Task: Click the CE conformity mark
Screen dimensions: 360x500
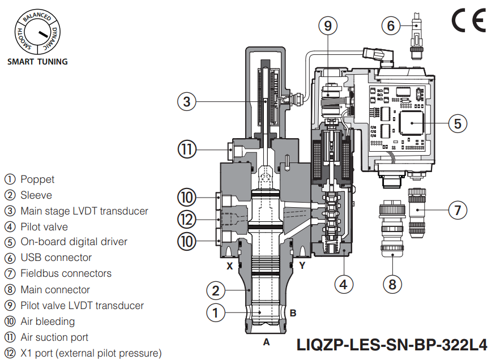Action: [x=468, y=22]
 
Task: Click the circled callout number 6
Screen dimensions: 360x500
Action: [x=391, y=25]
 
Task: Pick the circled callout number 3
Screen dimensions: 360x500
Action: [x=187, y=102]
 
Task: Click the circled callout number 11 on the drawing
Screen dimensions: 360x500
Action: [x=187, y=150]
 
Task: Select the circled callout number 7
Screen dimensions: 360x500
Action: [x=458, y=209]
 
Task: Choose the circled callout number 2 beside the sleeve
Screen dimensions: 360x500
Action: [x=215, y=291]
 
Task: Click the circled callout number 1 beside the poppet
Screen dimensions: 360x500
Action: [x=215, y=312]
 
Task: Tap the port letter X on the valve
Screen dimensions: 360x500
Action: [x=230, y=265]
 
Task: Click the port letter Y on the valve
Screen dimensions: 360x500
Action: [x=302, y=265]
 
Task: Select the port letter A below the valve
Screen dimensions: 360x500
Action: [x=266, y=342]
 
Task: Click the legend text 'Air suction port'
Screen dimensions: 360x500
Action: [x=54, y=337]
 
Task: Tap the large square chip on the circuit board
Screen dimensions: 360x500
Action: [x=412, y=123]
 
